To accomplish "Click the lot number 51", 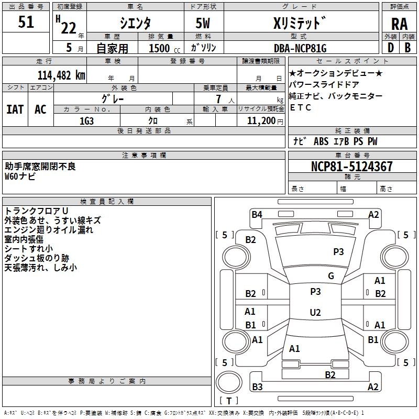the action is (26, 22).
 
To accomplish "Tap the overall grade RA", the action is (399, 24).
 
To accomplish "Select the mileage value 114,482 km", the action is (61, 75).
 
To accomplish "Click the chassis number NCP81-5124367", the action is (351, 167).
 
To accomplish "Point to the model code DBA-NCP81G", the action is (300, 48).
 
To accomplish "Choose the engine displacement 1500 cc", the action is (164, 48).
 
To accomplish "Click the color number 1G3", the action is (86, 121).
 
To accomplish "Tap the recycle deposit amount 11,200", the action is (261, 121).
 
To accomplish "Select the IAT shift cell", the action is (15, 109).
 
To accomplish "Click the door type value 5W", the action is (203, 23).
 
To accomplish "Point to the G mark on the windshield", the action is (331, 276).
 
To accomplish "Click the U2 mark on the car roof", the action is (315, 312).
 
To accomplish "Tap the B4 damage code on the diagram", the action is (257, 215).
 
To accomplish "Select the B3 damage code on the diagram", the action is (257, 387).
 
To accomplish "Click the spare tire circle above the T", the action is (229, 382).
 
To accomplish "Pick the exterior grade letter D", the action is (391, 48).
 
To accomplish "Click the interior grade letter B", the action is (407, 48).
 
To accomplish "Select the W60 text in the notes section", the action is (12, 177).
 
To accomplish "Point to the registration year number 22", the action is (69, 28).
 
